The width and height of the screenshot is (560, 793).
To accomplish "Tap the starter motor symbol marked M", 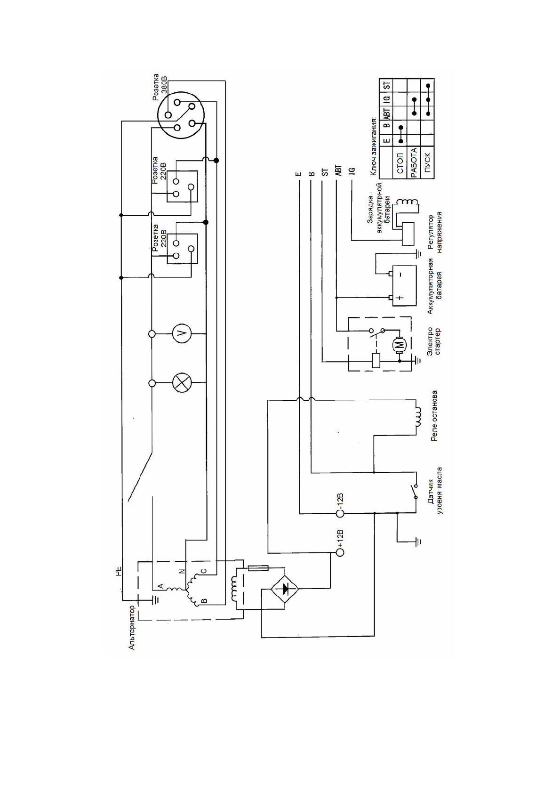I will point(400,345).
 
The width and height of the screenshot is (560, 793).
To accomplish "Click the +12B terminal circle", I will point(340,552).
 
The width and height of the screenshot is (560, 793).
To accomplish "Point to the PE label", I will point(118,571).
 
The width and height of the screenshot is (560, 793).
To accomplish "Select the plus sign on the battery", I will point(400,298).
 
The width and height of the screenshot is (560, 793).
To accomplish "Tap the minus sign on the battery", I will point(400,274).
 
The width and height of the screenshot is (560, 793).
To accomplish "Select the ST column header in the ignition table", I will point(387,85).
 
